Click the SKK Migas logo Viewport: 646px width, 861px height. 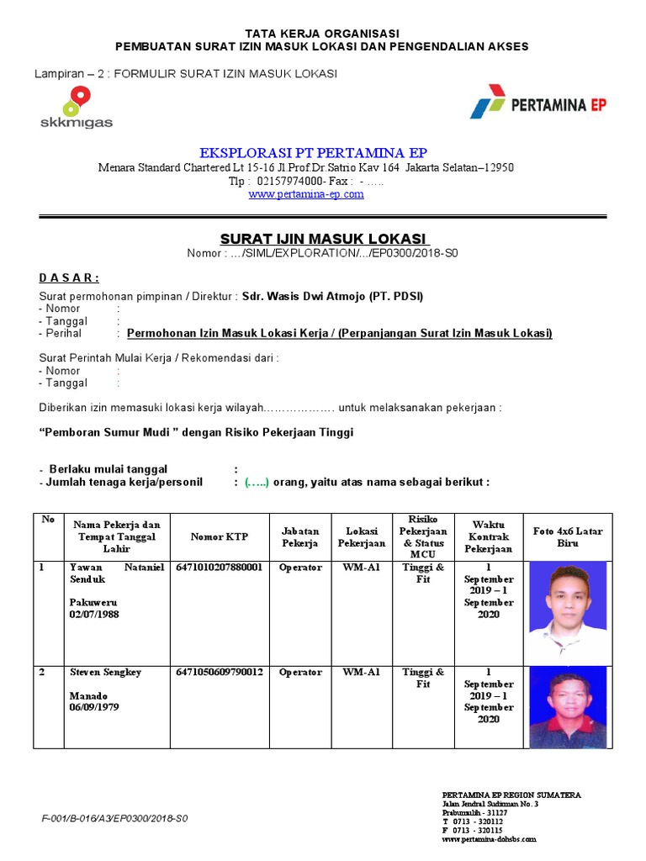click(x=76, y=107)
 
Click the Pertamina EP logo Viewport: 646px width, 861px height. click(x=538, y=106)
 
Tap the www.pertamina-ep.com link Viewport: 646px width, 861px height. click(x=306, y=194)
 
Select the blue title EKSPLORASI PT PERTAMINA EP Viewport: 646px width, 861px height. click(x=313, y=152)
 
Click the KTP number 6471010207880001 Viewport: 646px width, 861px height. click(x=220, y=568)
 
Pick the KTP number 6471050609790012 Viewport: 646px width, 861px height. click(x=220, y=673)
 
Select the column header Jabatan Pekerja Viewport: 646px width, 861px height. click(x=300, y=537)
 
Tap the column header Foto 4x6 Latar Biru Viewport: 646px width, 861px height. click(x=568, y=537)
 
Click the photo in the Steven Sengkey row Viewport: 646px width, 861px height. click(x=567, y=709)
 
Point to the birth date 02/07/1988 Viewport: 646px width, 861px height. click(x=95, y=615)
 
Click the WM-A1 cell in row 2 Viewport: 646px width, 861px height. click(x=361, y=673)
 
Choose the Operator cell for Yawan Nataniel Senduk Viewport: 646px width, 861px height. click(x=300, y=568)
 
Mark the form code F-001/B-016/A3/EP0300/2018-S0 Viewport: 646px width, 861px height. click(x=114, y=818)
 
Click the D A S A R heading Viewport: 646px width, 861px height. click(x=69, y=278)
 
